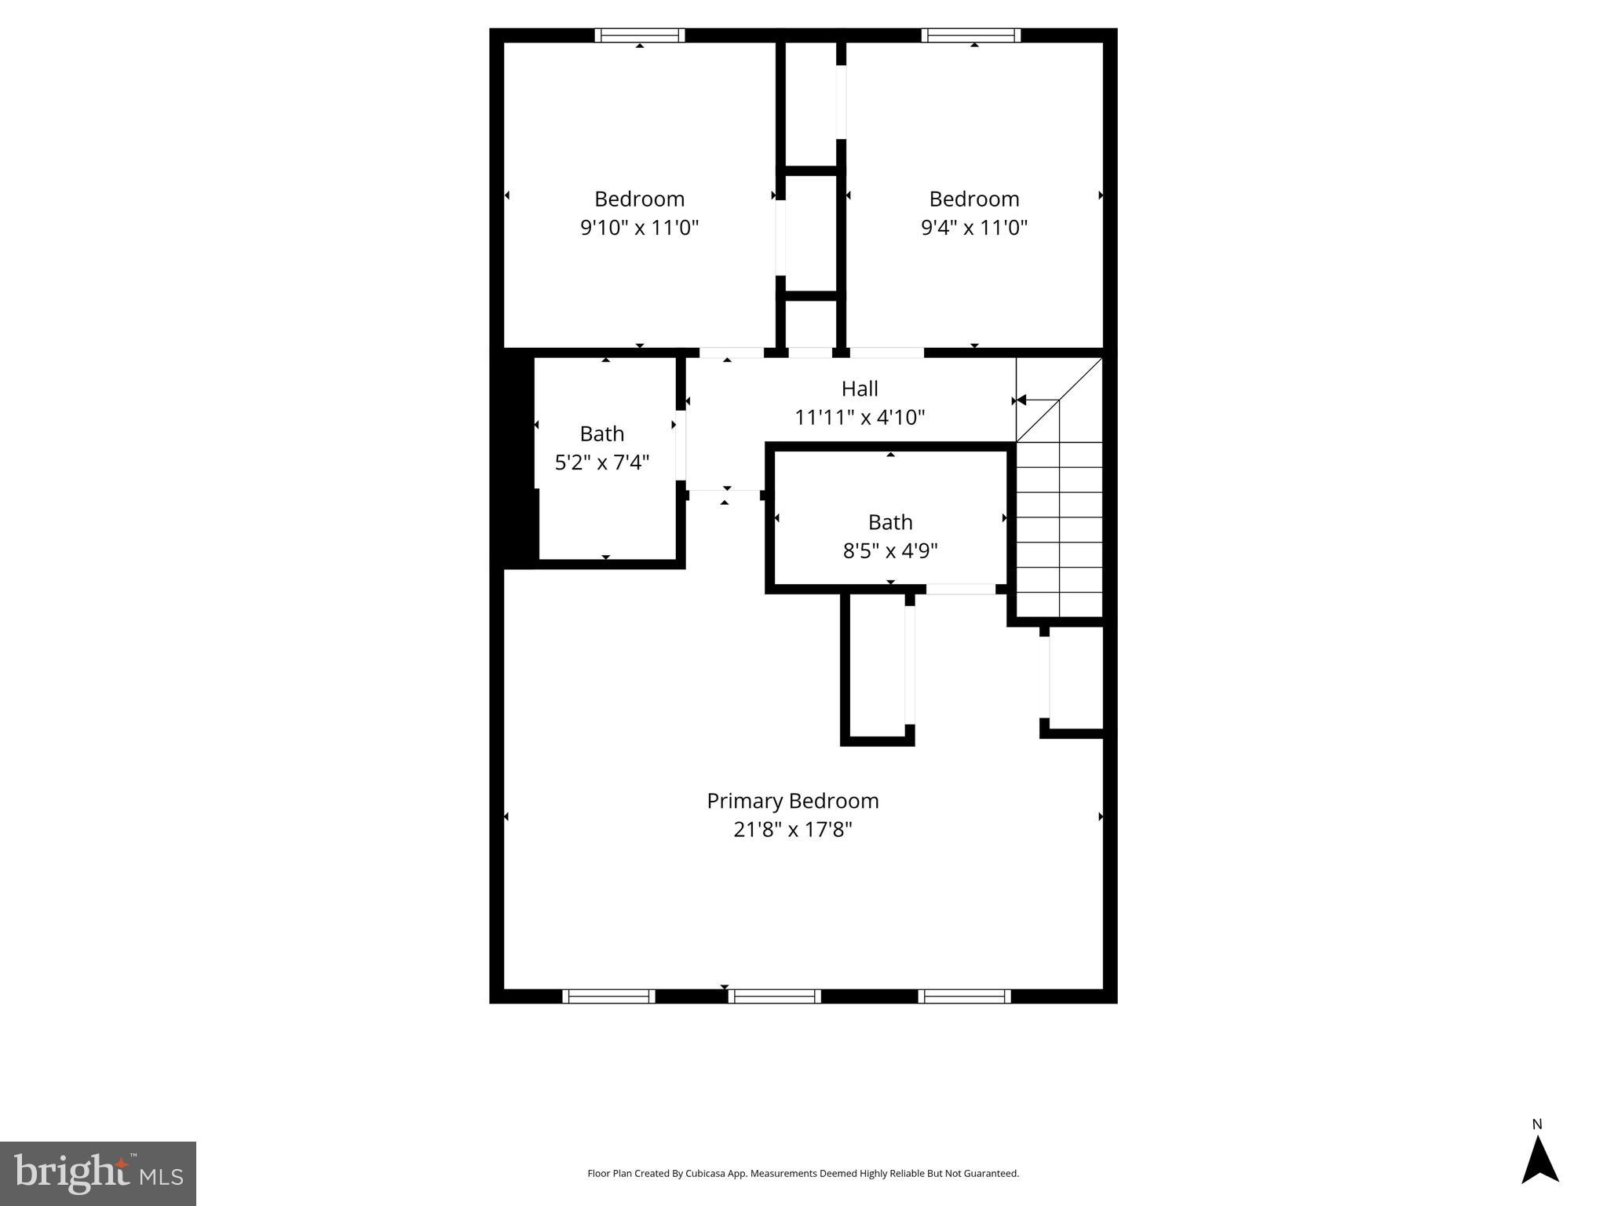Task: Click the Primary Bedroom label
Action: click(x=792, y=801)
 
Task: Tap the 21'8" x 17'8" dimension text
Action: click(x=792, y=830)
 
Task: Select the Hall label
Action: click(x=860, y=389)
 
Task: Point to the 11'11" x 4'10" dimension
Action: click(x=860, y=417)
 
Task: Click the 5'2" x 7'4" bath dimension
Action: click(x=602, y=462)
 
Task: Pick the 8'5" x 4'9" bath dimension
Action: click(x=890, y=551)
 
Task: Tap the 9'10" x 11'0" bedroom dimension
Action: click(x=639, y=228)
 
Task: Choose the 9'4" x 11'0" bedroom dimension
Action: click(x=973, y=228)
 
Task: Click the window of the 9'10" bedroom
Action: click(x=640, y=35)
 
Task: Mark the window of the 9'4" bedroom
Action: click(x=971, y=35)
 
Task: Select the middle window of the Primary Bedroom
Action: click(x=774, y=996)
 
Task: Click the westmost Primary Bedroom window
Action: click(x=608, y=996)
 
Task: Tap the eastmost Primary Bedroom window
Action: click(x=964, y=996)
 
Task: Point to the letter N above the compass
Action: click(x=1537, y=1124)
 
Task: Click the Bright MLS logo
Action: click(x=98, y=1173)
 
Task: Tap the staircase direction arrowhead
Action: click(x=1021, y=400)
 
